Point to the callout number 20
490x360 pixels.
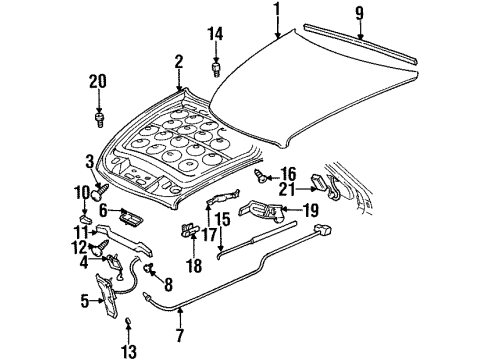click(98, 82)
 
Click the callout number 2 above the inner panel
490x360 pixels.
click(178, 62)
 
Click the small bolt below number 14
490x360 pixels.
click(216, 71)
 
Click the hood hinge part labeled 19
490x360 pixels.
click(264, 212)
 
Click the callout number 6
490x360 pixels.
click(101, 212)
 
